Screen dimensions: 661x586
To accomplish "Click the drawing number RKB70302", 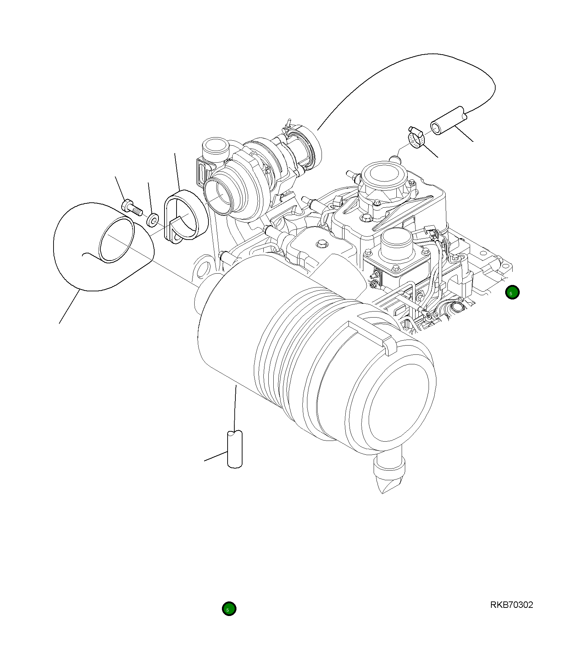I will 511,605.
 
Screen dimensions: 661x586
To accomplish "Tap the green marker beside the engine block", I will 512,292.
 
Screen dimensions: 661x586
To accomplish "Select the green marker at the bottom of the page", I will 229,609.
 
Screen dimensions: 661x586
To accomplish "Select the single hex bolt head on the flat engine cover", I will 322,243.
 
